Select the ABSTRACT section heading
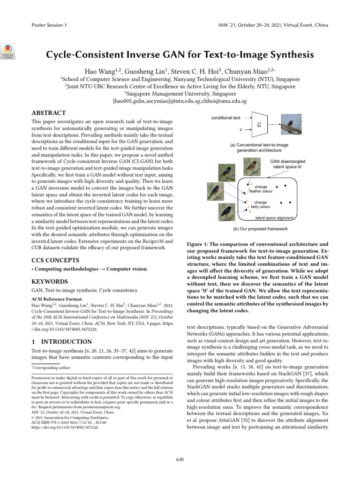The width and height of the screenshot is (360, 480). [x=48, y=113]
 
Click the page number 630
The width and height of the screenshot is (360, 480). [x=180, y=459]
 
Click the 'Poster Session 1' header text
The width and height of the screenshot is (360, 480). [x=49, y=24]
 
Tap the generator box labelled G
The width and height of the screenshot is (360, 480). [x=259, y=125]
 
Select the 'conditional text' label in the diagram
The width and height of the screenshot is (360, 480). [x=225, y=118]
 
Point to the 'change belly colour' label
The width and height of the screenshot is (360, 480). [x=260, y=204]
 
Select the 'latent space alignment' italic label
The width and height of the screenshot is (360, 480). [x=274, y=218]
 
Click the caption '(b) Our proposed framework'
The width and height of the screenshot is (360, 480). [x=260, y=229]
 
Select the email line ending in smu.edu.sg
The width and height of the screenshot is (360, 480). [x=180, y=101]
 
